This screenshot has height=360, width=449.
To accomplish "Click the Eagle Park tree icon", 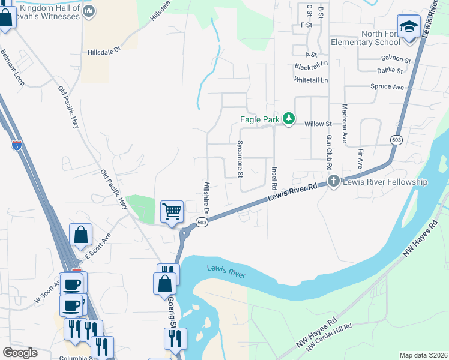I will (288, 119).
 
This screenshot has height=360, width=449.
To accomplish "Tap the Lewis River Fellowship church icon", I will (333, 181).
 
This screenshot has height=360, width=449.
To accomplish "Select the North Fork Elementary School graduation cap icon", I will (409, 27).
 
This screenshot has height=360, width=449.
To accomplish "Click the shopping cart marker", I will (172, 212).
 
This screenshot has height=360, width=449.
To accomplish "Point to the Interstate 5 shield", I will (15, 145).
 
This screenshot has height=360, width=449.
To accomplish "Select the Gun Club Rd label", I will (329, 151).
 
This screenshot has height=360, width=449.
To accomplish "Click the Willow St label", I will (318, 124).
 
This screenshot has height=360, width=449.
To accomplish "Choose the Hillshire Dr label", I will (205, 198).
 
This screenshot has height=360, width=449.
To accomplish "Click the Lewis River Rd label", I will (294, 194).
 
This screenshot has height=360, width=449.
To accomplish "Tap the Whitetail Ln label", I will (311, 80).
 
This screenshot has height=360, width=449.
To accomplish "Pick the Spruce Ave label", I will (387, 87).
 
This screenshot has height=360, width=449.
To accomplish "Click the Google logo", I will (20, 353).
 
